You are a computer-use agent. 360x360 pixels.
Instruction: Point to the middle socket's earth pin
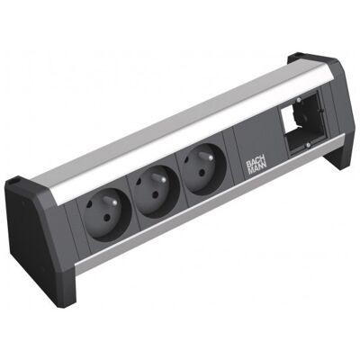(159, 179)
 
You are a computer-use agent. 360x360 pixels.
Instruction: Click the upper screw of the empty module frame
(298, 99)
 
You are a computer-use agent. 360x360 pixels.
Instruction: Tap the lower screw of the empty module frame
(308, 146)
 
